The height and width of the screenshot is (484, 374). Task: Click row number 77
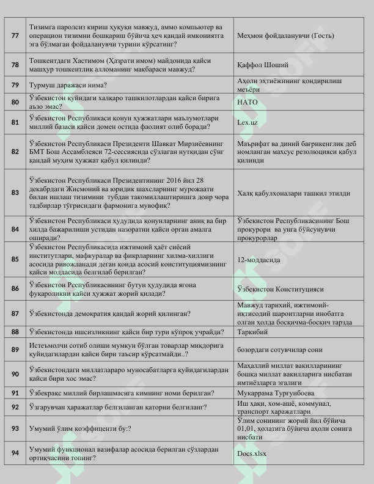click(15, 35)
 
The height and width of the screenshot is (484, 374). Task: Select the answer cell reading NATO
click(248, 102)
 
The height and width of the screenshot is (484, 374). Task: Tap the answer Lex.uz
click(248, 122)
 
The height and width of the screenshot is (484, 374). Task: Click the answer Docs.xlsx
click(252, 454)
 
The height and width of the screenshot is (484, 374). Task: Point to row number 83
click(15, 193)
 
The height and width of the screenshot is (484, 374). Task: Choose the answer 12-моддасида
click(258, 259)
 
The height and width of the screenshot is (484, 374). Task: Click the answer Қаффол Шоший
click(263, 64)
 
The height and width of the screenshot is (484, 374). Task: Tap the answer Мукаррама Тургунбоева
click(276, 393)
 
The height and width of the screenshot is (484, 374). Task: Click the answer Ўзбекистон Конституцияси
click(280, 288)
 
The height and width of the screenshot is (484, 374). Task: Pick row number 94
click(15, 453)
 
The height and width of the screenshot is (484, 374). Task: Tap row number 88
click(15, 332)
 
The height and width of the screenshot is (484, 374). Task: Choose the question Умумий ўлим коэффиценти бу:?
click(81, 429)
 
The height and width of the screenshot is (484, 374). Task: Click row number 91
click(15, 393)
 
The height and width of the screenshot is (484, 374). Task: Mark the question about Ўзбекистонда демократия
click(109, 313)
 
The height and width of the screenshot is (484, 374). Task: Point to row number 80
click(15, 102)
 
